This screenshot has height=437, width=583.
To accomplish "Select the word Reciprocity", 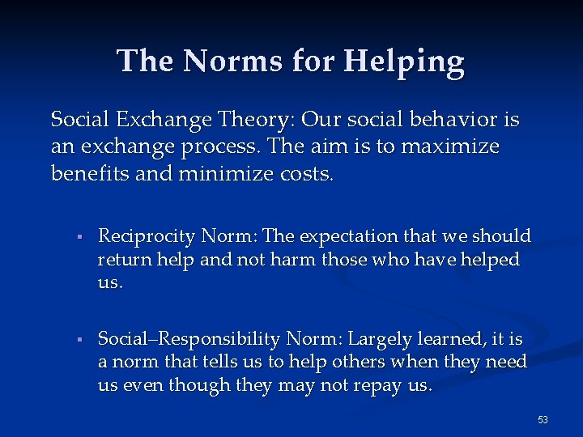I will tap(147, 236).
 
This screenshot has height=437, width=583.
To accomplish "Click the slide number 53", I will tap(543, 419).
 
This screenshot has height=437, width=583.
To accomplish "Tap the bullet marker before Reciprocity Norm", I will tap(74, 237).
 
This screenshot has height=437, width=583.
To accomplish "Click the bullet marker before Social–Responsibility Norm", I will tap(74, 339).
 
